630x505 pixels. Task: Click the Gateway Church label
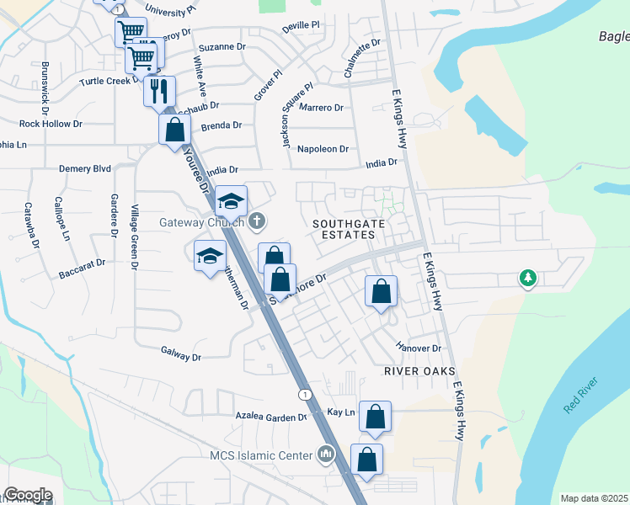click(x=202, y=223)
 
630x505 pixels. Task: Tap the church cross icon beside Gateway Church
click(x=258, y=222)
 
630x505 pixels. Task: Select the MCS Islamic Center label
click(x=260, y=456)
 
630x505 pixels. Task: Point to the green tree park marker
click(x=528, y=277)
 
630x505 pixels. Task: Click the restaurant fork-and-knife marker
click(x=159, y=89)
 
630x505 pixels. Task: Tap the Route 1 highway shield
click(x=304, y=395)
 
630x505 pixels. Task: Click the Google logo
click(x=28, y=495)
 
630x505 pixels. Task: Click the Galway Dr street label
click(x=180, y=357)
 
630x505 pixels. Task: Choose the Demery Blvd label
click(x=85, y=168)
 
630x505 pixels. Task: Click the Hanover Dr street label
click(x=419, y=348)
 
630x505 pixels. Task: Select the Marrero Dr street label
click(x=321, y=108)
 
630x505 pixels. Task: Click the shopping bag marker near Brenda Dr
click(x=174, y=130)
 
